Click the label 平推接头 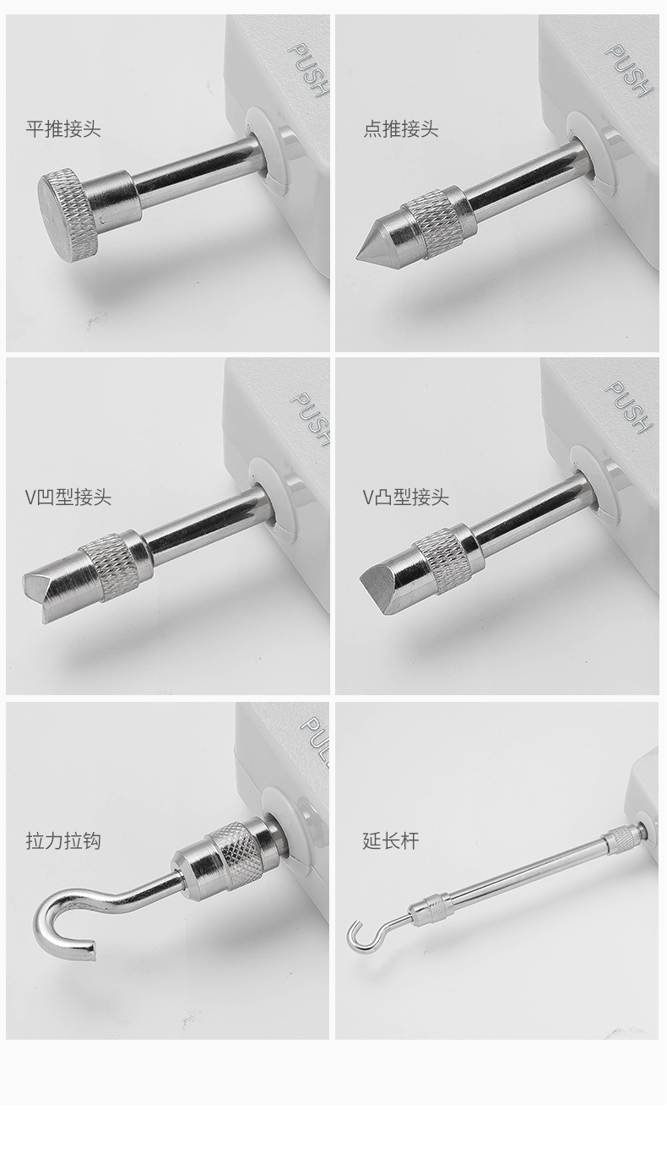(63, 128)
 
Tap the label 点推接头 (401, 128)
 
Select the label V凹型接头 (68, 497)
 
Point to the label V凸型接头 (405, 497)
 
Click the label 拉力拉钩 (63, 841)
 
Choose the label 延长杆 (391, 841)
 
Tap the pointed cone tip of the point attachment (357, 257)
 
